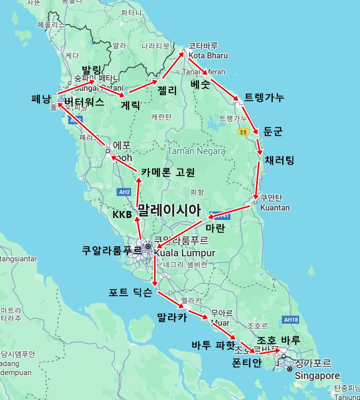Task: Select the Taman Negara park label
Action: (x=196, y=151)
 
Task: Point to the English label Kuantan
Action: (x=275, y=207)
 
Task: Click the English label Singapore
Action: (x=317, y=376)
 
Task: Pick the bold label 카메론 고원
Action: (x=168, y=172)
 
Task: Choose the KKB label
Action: (x=122, y=215)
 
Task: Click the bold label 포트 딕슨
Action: (x=131, y=293)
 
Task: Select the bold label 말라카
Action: (x=172, y=317)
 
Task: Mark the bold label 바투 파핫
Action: (x=213, y=345)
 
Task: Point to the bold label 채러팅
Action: (x=280, y=160)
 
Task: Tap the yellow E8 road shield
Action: (x=243, y=132)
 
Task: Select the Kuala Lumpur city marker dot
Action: (x=148, y=246)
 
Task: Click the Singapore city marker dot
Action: (x=289, y=369)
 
